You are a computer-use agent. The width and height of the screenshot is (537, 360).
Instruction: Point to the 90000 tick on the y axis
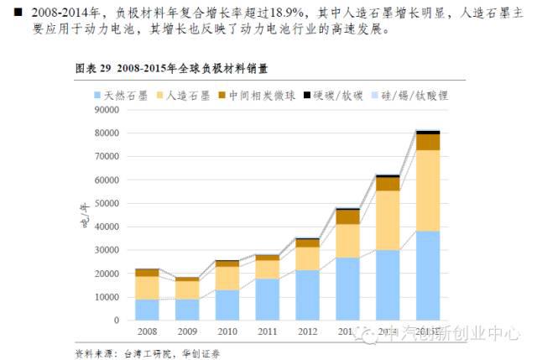pos(105,109)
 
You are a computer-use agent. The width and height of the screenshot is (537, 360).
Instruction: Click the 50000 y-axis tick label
pos(105,203)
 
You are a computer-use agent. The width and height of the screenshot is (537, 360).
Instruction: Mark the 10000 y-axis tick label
pos(105,297)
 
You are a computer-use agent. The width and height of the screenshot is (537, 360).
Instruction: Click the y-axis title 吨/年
pos(84,216)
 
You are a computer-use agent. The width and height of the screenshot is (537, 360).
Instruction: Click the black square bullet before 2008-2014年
pos(18,12)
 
